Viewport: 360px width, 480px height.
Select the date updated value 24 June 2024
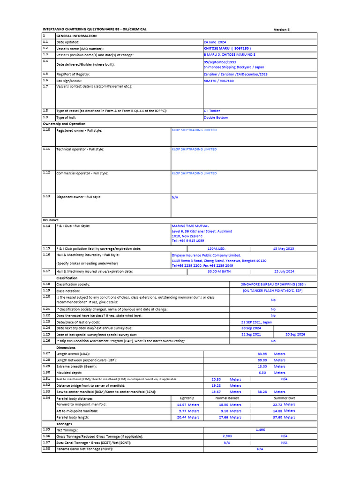[x=215, y=42]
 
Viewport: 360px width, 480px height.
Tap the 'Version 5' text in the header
[x=282, y=30]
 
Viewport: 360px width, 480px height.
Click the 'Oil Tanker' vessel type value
[x=212, y=111]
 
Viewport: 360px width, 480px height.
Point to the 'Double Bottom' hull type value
[x=216, y=118]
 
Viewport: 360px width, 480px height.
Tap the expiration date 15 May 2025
[x=283, y=248]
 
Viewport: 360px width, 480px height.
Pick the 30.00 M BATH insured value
[x=219, y=271]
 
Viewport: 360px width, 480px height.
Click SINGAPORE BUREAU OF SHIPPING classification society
[x=273, y=284]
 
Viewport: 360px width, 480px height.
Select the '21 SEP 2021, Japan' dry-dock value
[x=256, y=322]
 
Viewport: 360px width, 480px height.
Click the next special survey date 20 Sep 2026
[x=295, y=335]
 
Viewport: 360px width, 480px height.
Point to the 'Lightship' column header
[x=187, y=398]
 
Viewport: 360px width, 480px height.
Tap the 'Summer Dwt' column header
[x=284, y=398]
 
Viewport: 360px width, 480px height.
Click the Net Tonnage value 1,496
[x=260, y=429]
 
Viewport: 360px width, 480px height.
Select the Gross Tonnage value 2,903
[x=227, y=436]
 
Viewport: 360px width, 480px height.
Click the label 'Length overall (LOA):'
[x=73, y=354]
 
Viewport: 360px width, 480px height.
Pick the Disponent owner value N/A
[x=175, y=197]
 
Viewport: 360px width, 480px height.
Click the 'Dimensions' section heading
[x=66, y=348]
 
